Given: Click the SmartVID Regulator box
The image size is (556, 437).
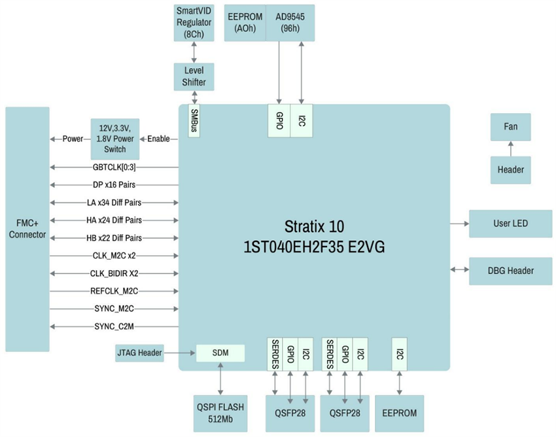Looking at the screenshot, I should click(194, 23).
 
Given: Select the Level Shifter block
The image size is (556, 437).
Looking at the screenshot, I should click(194, 77).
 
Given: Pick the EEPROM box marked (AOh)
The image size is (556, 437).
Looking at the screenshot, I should click(245, 23).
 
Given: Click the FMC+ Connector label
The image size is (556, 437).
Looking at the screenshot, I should click(27, 229).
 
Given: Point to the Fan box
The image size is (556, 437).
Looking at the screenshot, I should click(510, 126).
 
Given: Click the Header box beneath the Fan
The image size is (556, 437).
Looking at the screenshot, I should click(510, 169).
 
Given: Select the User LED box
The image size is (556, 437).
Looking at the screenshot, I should click(510, 224).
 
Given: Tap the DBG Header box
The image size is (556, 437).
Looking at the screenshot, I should click(510, 270).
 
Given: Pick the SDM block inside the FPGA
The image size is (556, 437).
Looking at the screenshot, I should click(220, 353).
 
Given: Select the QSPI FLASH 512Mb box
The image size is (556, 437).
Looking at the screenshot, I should click(220, 413).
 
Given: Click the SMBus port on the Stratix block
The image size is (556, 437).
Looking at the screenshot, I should click(194, 121).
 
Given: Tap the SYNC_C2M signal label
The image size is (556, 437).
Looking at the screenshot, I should click(114, 326).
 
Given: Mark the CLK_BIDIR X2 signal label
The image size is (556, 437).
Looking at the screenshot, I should click(114, 273).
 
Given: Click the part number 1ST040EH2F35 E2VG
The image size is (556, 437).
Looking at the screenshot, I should click(314, 248).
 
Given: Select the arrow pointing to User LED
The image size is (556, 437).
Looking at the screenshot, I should click(459, 224).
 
